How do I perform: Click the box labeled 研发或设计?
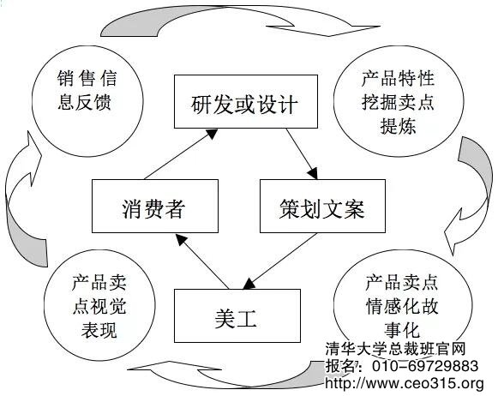coord(246,102)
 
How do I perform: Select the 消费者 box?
coord(155,206)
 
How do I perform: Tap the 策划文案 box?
coord(322,206)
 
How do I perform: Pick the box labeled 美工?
coord(237,315)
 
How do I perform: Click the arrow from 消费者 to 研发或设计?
coord(181,154)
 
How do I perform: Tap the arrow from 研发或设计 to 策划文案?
coord(302,154)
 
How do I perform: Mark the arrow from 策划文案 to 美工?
coord(279,261)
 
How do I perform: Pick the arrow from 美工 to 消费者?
coord(202,261)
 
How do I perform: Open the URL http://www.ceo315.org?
coord(405,383)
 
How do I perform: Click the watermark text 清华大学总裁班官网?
coord(395,349)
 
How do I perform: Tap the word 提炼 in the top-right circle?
coord(399,126)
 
